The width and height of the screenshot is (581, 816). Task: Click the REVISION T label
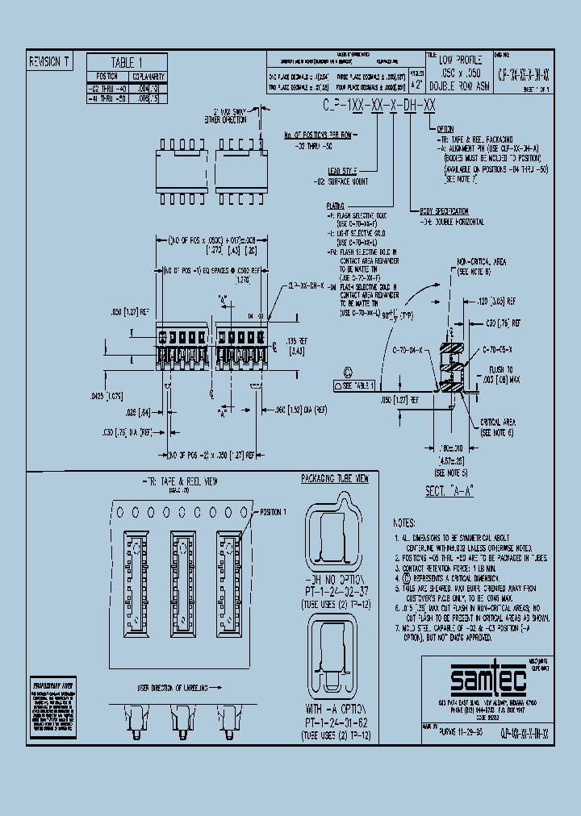(50, 61)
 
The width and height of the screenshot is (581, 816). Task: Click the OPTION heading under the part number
(445, 129)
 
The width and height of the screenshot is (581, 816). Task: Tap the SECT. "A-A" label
(448, 489)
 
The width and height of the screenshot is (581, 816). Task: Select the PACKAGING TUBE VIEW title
(334, 479)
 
